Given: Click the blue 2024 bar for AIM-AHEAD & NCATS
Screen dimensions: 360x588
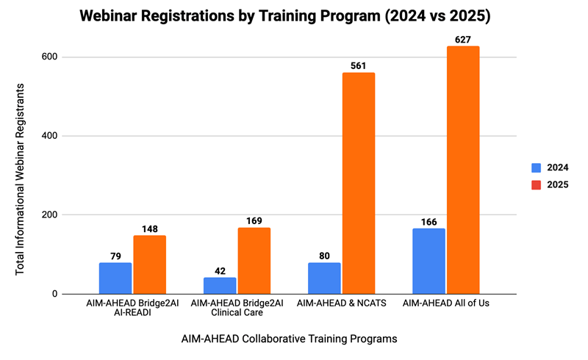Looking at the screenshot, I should [324, 278].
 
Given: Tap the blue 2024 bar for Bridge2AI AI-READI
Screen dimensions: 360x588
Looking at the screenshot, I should [115, 278].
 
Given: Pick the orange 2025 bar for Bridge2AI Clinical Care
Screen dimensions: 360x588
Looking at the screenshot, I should [254, 261].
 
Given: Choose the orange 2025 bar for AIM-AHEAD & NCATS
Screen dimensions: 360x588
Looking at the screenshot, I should [359, 184].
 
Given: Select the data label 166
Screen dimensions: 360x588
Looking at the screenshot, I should [429, 222].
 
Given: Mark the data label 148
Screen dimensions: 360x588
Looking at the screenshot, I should [150, 229].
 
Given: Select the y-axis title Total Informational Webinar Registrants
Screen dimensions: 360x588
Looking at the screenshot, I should [21, 179].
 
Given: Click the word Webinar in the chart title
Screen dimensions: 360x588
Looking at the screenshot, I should [119, 15].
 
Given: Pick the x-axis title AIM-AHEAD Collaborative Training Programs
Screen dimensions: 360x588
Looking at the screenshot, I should [290, 339].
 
